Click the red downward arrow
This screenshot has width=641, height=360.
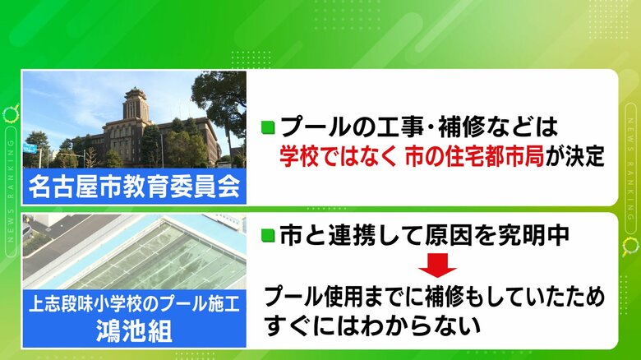[x=437, y=265]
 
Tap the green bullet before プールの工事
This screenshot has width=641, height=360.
[x=268, y=127]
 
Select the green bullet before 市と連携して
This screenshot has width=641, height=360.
[x=268, y=235]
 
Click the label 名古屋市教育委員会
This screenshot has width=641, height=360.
[x=134, y=187]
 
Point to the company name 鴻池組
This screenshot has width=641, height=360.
[x=134, y=330]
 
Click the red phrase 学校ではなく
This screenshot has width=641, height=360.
[x=338, y=156]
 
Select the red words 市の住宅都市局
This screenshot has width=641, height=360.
[x=475, y=156]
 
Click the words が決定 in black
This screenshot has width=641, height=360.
[x=574, y=156]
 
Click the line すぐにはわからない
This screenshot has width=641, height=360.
[x=371, y=325]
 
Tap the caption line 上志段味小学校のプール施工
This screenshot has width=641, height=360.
[x=134, y=304]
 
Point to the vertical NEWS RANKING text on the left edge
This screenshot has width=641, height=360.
[x=11, y=191]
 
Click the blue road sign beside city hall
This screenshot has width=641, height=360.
[x=30, y=149]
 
